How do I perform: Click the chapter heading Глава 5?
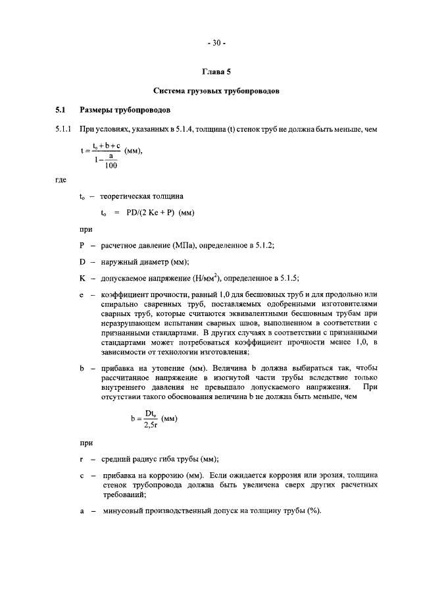coord(216,70)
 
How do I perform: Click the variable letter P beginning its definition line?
coord(82,245)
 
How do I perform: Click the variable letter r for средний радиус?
coord(82,459)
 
